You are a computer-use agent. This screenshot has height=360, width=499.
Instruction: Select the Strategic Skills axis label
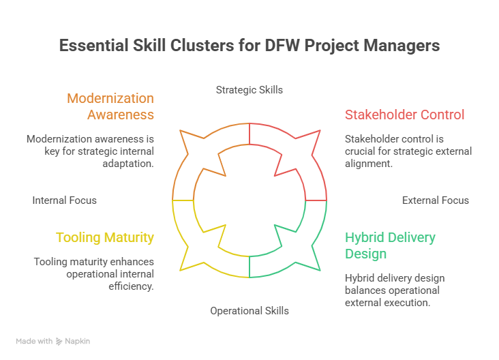[249, 89]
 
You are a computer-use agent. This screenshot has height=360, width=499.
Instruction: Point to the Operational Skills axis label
[249, 310]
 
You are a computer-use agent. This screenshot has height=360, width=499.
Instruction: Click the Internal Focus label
[64, 200]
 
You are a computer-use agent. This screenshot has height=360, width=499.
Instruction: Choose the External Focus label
[435, 200]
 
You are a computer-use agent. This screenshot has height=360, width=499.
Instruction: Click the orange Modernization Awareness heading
[110, 106]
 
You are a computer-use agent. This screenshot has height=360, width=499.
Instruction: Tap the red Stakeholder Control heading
[404, 115]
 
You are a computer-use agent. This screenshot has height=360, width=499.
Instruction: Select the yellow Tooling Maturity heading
[104, 237]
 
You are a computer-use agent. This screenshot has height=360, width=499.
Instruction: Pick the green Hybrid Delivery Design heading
[389, 245]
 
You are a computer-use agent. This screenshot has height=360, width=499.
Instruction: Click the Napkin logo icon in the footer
[59, 341]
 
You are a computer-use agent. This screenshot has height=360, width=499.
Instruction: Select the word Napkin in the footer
[77, 341]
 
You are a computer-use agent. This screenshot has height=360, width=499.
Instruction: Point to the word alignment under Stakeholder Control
[369, 164]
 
